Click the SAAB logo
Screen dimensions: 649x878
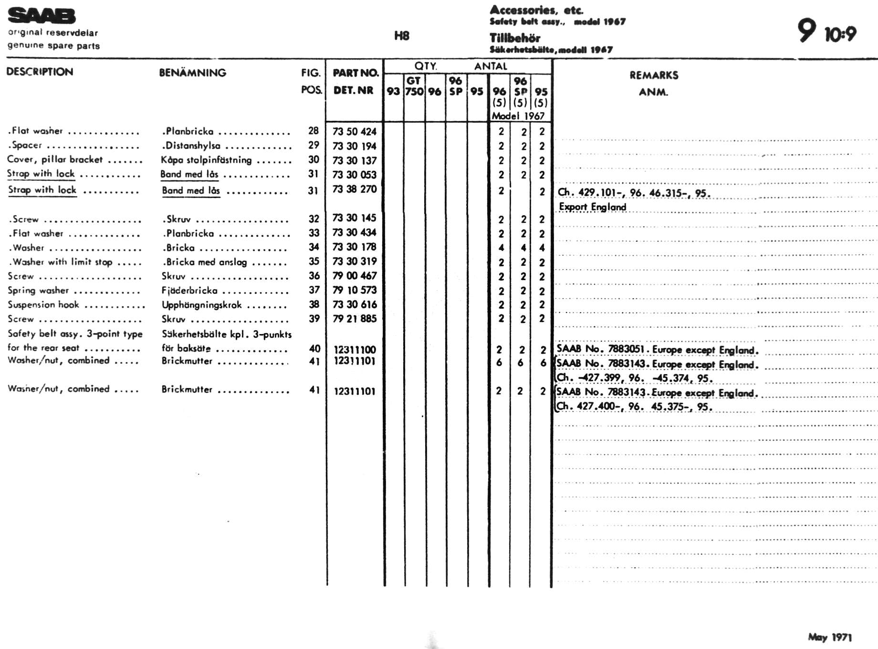click(42, 16)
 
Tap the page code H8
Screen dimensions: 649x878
click(401, 36)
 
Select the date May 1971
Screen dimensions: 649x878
click(829, 637)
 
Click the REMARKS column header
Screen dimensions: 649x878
click(653, 75)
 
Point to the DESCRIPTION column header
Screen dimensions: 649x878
click(40, 72)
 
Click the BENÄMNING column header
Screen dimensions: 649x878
click(192, 73)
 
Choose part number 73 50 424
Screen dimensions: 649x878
click(354, 131)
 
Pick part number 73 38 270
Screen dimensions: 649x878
click(354, 189)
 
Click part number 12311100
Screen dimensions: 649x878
click(355, 349)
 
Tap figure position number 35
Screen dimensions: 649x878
click(314, 261)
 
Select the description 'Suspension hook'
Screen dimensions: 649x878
click(43, 304)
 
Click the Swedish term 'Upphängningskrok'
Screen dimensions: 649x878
click(201, 305)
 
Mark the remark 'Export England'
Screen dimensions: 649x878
click(592, 207)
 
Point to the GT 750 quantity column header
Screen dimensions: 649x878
click(414, 86)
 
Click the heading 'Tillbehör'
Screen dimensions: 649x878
click(514, 38)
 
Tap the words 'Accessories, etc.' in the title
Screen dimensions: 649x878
click(536, 10)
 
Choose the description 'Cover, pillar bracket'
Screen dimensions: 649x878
click(55, 159)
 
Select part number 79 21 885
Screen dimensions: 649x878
click(354, 318)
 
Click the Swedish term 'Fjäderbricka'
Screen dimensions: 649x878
click(189, 291)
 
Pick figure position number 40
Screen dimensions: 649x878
click(314, 349)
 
